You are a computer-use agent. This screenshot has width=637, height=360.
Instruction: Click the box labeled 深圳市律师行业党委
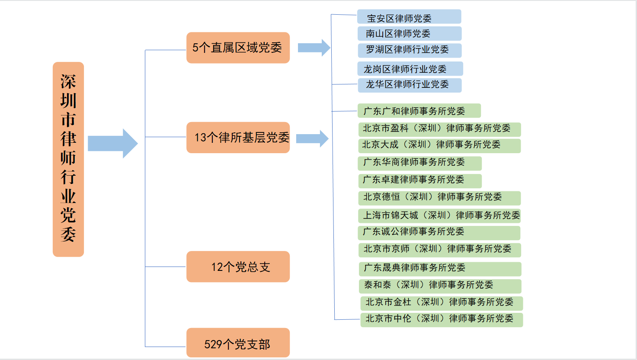pos(68,159)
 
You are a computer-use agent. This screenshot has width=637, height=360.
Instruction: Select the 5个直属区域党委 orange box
pos(238,48)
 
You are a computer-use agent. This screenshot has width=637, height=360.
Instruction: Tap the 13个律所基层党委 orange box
pos(238,138)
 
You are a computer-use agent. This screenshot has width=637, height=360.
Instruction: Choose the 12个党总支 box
pos(238,267)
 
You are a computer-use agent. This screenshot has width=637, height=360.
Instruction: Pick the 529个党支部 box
pos(238,343)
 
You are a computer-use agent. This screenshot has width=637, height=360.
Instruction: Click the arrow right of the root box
pos(113,143)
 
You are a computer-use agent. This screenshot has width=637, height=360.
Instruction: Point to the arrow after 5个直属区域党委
pos(314,48)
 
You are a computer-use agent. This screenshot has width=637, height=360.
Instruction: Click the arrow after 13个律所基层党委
pos(312,138)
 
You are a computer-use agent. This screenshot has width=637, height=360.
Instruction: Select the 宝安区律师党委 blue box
pos(409,16)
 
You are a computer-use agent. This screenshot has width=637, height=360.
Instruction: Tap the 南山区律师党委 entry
pos(410,34)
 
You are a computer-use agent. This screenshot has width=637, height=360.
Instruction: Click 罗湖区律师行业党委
pos(410,50)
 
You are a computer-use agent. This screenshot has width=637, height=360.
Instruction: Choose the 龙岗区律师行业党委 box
pos(410,69)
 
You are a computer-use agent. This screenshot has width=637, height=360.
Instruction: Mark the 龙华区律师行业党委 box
pos(410,85)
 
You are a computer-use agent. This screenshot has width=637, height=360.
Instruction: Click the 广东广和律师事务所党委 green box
pos(419,111)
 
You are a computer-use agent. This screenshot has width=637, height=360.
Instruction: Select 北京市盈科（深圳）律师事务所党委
pos(440,129)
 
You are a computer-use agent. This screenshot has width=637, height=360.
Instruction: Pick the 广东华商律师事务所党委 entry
pos(420,164)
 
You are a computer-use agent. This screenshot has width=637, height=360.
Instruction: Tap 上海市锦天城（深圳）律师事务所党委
pos(439,216)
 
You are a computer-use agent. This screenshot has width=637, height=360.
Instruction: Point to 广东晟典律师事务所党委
pos(440,269)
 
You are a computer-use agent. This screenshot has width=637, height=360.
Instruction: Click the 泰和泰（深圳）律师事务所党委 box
pos(440,286)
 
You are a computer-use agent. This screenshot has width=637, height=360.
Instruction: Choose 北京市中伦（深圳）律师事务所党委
pos(442,320)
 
